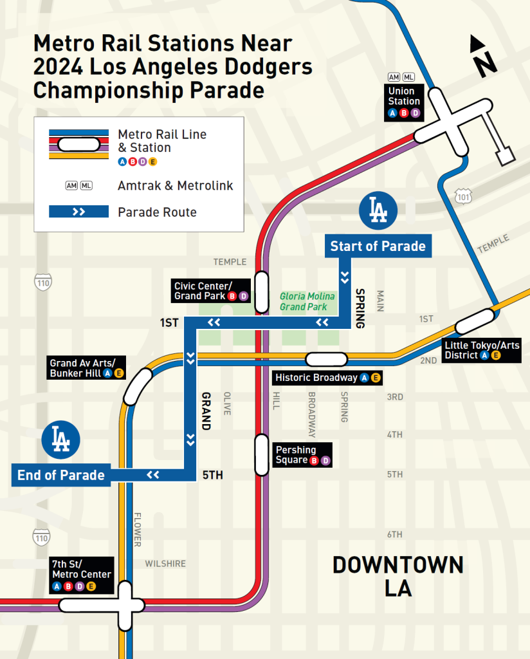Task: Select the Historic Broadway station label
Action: tap(327, 378)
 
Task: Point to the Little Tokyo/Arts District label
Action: tap(482, 350)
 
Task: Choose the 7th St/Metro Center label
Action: tap(81, 575)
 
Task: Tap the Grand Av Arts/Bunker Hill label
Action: tap(87, 368)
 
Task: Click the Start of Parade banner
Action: tap(378, 246)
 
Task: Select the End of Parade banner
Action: tap(60, 475)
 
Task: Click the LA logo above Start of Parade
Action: tap(378, 210)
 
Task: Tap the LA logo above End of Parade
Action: tap(60, 439)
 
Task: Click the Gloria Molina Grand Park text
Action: tap(307, 301)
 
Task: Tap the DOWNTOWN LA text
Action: tap(398, 576)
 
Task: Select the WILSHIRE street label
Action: tap(165, 564)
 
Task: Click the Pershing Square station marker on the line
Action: tap(261, 454)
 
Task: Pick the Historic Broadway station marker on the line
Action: tap(327, 358)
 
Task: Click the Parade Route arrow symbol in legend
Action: tap(78, 212)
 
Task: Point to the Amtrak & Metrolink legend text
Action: tap(175, 185)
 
